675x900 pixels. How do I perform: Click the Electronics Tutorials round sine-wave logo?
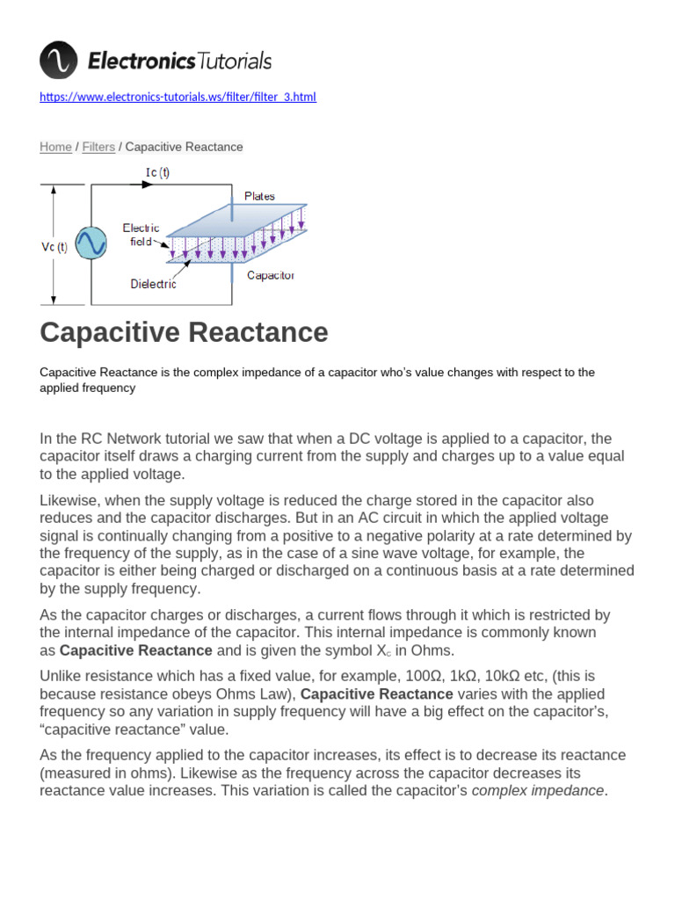click(59, 61)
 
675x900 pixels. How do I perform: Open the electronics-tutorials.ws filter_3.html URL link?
click(178, 97)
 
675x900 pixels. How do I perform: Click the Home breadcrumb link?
click(55, 147)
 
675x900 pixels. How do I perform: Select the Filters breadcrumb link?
click(98, 147)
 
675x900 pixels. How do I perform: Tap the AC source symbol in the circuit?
click(90, 243)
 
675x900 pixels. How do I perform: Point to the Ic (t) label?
click(157, 172)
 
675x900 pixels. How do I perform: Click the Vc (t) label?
click(54, 247)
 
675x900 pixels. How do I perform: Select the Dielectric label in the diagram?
click(153, 284)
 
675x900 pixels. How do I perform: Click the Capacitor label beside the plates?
click(270, 275)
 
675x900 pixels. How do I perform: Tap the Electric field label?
click(141, 234)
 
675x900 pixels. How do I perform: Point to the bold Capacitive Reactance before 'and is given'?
click(135, 650)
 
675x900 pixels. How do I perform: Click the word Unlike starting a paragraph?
click(61, 676)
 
